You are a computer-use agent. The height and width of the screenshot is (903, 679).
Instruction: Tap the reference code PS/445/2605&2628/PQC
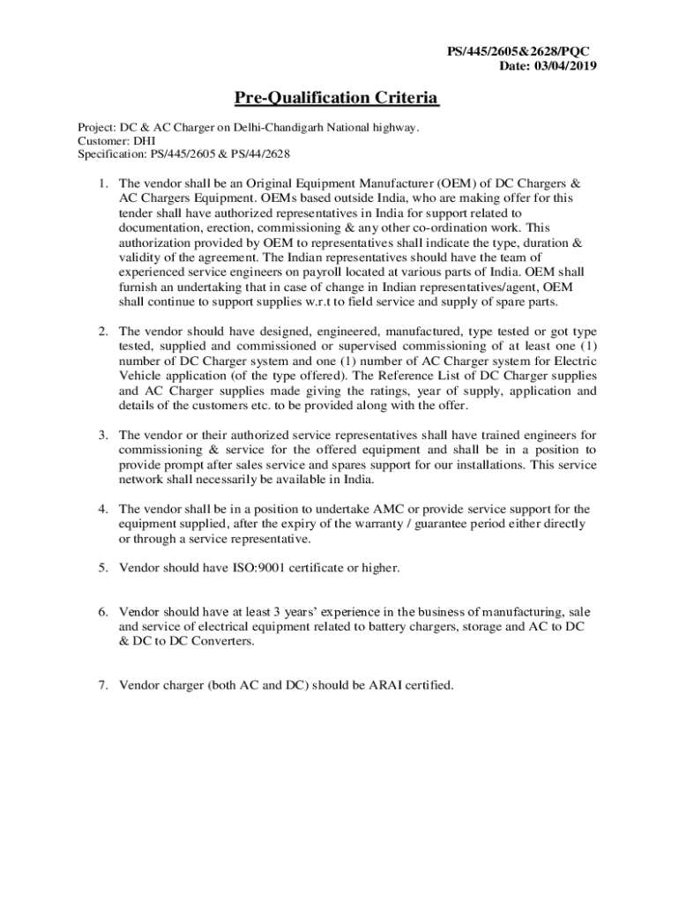point(519,52)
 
